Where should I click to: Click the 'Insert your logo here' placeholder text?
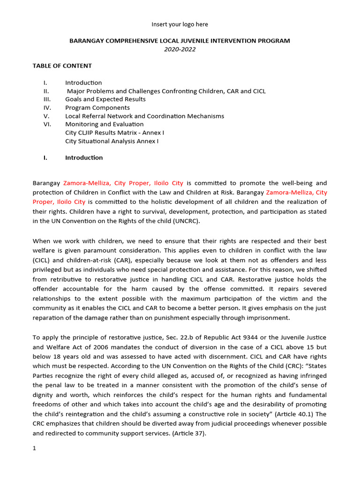click(x=180, y=24)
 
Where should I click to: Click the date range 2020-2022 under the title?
click(x=180, y=49)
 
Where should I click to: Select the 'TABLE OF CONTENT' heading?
click(x=62, y=66)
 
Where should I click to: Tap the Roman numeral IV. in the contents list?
click(x=47, y=108)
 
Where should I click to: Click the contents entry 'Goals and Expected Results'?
click(x=105, y=99)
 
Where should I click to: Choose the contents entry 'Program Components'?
click(x=97, y=108)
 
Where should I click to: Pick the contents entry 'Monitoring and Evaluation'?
click(x=104, y=124)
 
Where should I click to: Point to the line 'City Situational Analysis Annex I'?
click(x=112, y=141)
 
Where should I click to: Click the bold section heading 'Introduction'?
click(x=84, y=157)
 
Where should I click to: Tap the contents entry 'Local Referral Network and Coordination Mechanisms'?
click(x=144, y=116)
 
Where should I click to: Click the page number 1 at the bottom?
click(x=34, y=448)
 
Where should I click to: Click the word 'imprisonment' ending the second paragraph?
click(x=270, y=317)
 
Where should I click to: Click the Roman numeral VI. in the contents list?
click(x=47, y=124)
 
